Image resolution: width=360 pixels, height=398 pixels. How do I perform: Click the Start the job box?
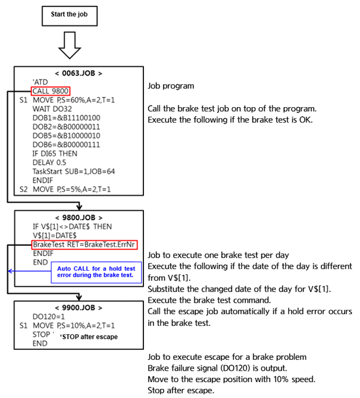[70, 16]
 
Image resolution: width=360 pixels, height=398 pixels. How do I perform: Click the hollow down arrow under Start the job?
[70, 45]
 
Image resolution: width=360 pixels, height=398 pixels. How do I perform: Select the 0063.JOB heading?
[79, 73]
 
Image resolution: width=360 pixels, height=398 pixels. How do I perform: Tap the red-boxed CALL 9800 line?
[51, 91]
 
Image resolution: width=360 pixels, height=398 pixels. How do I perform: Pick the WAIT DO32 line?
[52, 109]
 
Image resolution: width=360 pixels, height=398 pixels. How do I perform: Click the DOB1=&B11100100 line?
[66, 118]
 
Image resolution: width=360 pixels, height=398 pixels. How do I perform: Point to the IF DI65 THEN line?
[55, 153]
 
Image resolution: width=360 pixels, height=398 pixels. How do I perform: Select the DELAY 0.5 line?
[49, 162]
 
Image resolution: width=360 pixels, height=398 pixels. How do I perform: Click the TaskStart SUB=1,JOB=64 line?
[74, 171]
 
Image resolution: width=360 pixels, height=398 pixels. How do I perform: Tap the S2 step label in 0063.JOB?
[23, 189]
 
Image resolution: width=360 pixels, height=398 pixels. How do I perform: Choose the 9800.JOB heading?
[79, 218]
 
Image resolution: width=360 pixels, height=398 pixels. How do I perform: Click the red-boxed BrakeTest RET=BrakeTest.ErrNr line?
[84, 245]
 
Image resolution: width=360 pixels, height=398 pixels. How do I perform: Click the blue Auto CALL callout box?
[96, 272]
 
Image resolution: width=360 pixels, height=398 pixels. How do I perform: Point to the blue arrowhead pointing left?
[10, 271]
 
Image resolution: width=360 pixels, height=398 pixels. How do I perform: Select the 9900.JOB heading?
[79, 308]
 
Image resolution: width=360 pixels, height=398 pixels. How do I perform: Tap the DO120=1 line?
[48, 316]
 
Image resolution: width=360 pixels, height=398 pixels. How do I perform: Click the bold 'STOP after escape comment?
[89, 337]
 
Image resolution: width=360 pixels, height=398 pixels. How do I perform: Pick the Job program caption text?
[171, 86]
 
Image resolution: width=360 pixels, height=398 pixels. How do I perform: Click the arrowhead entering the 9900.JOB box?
[79, 297]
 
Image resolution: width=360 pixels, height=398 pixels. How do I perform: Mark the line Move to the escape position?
[231, 379]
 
